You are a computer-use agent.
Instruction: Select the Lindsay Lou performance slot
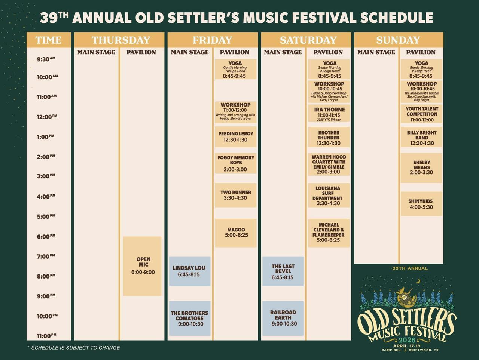189,271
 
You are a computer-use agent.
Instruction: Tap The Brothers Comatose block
189,318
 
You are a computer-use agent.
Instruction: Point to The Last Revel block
283,271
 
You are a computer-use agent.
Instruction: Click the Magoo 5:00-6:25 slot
236,233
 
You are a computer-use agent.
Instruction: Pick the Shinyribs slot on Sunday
421,204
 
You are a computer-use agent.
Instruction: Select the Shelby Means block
421,167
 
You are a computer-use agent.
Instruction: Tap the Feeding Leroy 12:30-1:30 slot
236,136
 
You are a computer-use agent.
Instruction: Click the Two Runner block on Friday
236,195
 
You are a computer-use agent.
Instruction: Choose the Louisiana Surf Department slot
328,196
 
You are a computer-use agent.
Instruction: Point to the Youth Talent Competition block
421,114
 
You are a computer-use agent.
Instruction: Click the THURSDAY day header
120,40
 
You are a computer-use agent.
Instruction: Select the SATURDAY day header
308,40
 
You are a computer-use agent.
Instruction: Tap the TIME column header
48,40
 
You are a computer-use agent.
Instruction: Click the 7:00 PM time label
46,256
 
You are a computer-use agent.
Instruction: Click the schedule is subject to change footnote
74,348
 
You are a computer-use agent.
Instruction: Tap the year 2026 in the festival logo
407,340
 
